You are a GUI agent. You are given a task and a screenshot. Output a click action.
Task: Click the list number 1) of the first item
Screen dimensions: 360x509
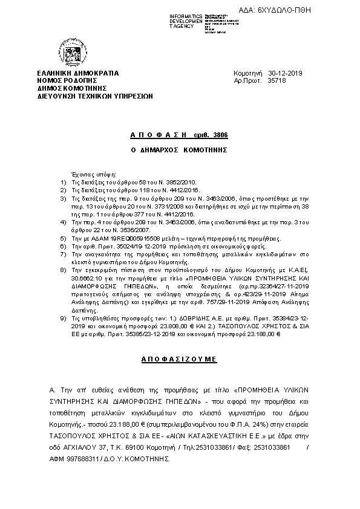click(64, 181)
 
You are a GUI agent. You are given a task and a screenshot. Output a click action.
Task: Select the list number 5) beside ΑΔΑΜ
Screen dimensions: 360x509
click(64, 239)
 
